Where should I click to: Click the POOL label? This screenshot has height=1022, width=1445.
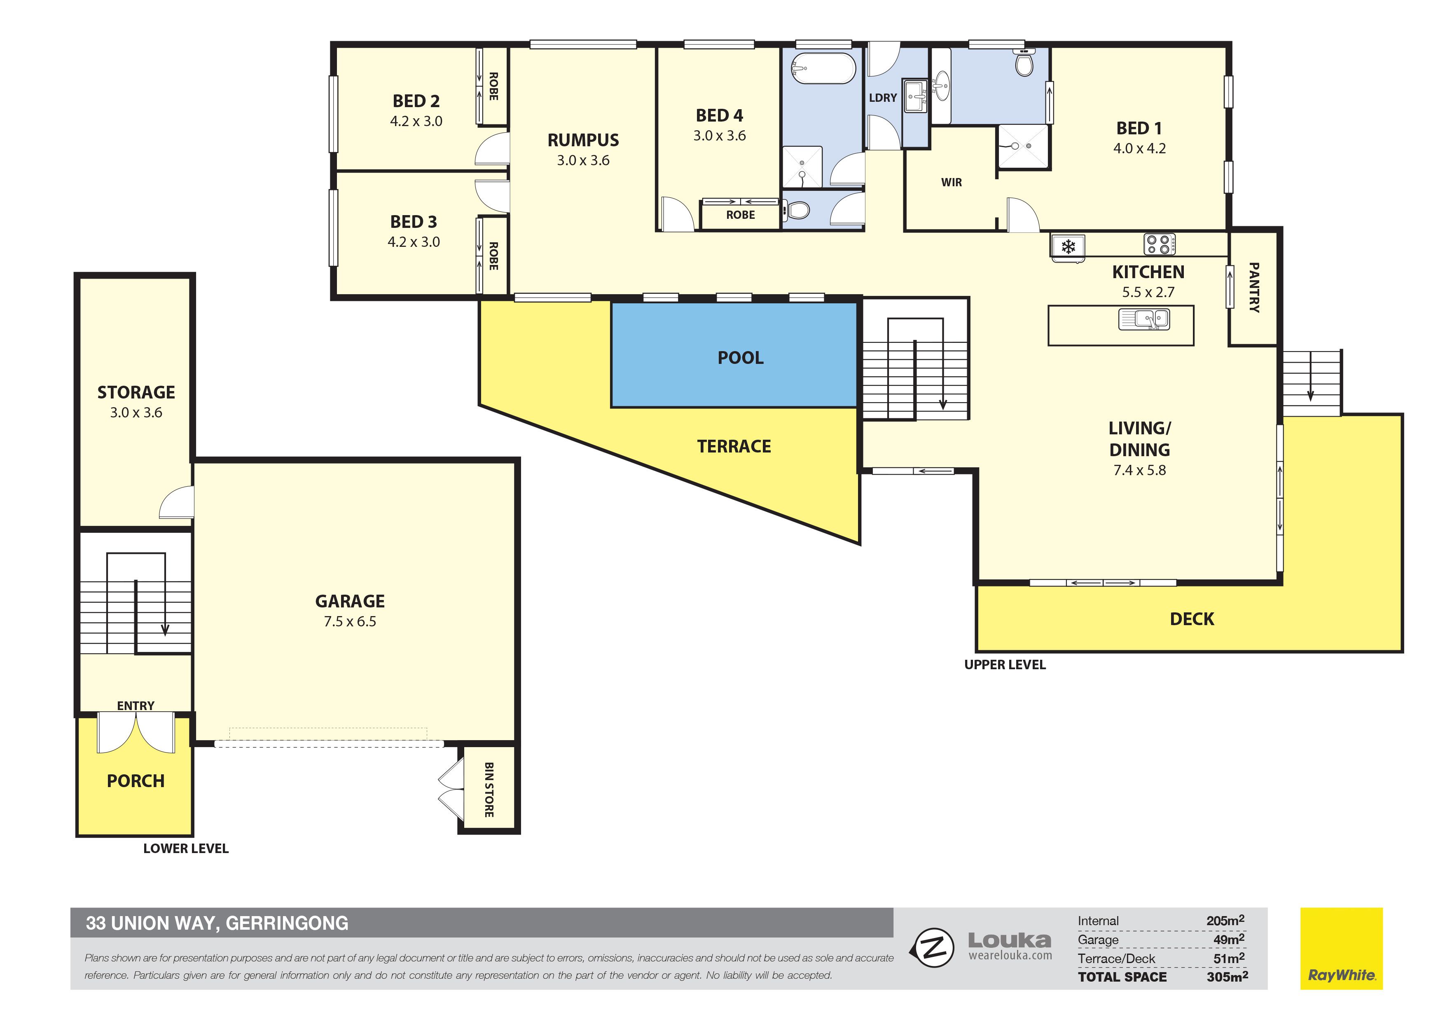[740, 358]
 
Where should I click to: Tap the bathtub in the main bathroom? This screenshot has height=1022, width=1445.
[823, 68]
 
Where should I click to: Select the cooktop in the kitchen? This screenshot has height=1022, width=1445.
[1159, 244]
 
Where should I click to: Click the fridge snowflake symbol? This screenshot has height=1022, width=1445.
[1068, 246]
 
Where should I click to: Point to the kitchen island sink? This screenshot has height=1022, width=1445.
[1143, 319]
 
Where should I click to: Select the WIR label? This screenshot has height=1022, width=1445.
[951, 183]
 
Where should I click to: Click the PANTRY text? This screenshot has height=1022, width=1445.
[1254, 288]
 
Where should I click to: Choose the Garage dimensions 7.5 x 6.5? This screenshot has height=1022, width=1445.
[350, 621]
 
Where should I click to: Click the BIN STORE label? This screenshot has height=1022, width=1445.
[489, 790]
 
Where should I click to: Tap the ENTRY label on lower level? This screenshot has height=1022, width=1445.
[135, 706]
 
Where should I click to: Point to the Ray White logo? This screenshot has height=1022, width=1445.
[1341, 948]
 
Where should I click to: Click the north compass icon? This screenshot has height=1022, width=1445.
[933, 948]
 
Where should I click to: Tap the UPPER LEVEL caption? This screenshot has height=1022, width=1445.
[1005, 665]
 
